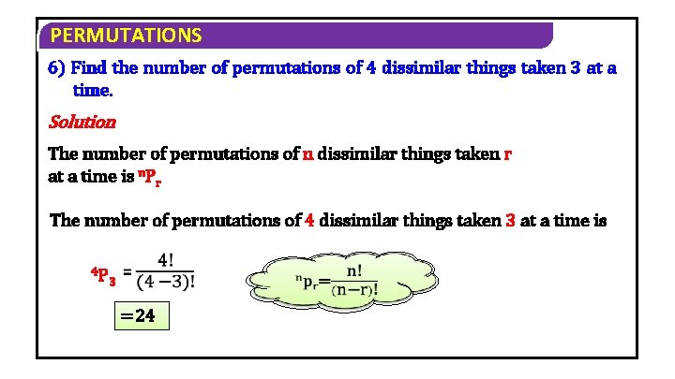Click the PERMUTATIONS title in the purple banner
(126, 36)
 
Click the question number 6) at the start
(57, 68)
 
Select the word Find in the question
(89, 68)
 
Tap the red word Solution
(82, 122)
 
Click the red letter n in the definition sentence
(308, 154)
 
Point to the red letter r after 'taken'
(507, 154)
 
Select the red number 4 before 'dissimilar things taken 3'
(310, 221)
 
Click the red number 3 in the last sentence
(511, 221)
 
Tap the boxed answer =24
(138, 315)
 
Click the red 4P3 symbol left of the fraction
(103, 276)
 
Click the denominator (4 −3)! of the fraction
(172, 282)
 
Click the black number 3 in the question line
(575, 68)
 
